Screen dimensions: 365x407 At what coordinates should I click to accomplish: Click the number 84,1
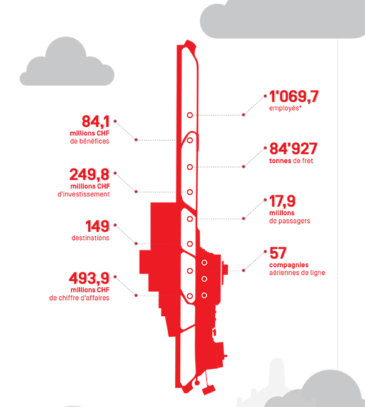point(96,121)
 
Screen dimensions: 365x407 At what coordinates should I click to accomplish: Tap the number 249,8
point(90,175)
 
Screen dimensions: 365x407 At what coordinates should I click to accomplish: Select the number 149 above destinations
point(97,226)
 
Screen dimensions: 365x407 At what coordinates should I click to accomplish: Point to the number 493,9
point(89,278)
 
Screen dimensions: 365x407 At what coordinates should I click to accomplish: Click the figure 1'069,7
point(294,97)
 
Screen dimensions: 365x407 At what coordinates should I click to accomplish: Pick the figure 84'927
point(293,149)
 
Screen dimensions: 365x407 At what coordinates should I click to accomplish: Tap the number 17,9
point(282,201)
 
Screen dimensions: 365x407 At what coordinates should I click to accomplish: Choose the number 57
point(278,253)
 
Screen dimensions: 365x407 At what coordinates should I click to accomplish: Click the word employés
point(285,108)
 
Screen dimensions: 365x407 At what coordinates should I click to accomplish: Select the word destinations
point(90,238)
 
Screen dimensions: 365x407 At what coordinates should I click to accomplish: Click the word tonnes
point(280,161)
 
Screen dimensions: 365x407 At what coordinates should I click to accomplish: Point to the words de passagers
point(290,221)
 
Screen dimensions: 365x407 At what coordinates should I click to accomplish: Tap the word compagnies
point(289,265)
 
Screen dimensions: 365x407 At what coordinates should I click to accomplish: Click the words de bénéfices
point(90,142)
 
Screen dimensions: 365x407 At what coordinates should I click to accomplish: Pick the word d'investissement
point(84,194)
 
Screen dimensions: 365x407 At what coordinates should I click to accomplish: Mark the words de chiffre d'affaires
point(79,297)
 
